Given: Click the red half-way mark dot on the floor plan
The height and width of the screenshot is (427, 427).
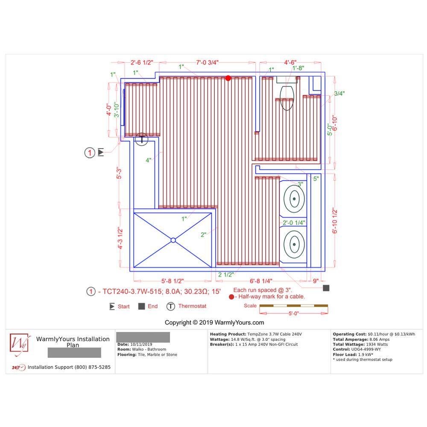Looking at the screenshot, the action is (228, 78).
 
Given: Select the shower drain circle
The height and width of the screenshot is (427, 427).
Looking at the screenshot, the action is (173, 240).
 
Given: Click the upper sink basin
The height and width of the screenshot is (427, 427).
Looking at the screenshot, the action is (294, 199).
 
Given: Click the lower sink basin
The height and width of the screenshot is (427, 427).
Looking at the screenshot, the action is (294, 244).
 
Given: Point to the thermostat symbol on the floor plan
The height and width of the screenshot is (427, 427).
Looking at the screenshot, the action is (141, 139).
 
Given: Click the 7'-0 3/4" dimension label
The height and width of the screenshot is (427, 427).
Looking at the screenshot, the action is (208, 62).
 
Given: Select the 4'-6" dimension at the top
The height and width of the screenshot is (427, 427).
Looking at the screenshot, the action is (290, 62).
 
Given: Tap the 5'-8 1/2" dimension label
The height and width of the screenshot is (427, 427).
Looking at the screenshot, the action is (173, 281).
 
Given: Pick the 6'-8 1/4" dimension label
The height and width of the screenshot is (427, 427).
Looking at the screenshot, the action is (261, 281).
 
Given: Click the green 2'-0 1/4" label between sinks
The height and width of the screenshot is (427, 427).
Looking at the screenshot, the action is (294, 223).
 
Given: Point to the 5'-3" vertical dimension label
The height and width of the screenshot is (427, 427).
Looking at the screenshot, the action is (119, 173).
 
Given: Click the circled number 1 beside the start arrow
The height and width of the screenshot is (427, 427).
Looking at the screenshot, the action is (90, 153).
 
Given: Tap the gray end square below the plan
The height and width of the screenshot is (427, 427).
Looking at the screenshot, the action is (326, 288).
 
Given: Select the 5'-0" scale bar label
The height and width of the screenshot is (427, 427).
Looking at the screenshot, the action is (294, 313).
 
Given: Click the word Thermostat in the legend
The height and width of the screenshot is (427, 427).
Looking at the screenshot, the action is (192, 306).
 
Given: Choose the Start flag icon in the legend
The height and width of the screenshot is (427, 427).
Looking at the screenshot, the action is (112, 306).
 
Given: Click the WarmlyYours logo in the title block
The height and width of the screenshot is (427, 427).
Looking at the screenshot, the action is (19, 344).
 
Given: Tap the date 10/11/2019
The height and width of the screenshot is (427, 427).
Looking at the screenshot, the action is (141, 345).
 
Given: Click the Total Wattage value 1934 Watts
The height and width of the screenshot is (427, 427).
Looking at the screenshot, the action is (377, 345).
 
